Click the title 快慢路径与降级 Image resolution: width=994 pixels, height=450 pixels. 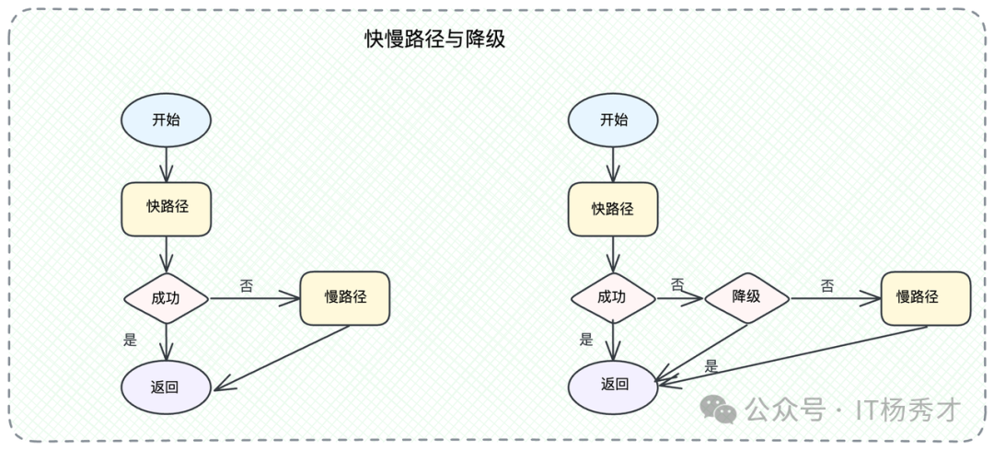pyautogui.click(x=434, y=40)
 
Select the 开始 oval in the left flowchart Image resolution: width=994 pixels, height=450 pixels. pyautogui.click(x=166, y=121)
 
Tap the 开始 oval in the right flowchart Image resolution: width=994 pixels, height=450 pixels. pyautogui.click(x=613, y=121)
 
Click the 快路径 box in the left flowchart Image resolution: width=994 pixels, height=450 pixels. pyautogui.click(x=167, y=208)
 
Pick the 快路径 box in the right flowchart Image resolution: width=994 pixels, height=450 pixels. pyautogui.click(x=613, y=209)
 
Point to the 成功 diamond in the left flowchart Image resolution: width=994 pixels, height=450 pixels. pyautogui.click(x=167, y=297)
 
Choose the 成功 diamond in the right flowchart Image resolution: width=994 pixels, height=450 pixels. pyautogui.click(x=613, y=297)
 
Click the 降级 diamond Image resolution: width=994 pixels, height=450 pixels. pyautogui.click(x=746, y=297)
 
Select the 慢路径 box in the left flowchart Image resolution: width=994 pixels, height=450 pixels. pyautogui.click(x=345, y=297)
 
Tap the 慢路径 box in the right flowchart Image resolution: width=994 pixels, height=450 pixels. pyautogui.click(x=925, y=297)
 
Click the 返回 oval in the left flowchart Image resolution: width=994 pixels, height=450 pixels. pyautogui.click(x=166, y=386)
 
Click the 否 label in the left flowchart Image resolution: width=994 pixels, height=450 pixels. pyautogui.click(x=247, y=284)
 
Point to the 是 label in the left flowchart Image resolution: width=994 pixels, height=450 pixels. pyautogui.click(x=130, y=340)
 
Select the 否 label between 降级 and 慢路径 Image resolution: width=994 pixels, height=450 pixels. pyautogui.click(x=826, y=285)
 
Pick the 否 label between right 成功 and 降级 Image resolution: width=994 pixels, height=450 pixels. pyautogui.click(x=677, y=284)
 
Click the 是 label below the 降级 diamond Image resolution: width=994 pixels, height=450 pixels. pyautogui.click(x=711, y=366)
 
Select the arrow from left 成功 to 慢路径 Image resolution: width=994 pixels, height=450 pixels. pyautogui.click(x=255, y=298)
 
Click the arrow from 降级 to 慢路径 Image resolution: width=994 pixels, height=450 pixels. pyautogui.click(x=835, y=298)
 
